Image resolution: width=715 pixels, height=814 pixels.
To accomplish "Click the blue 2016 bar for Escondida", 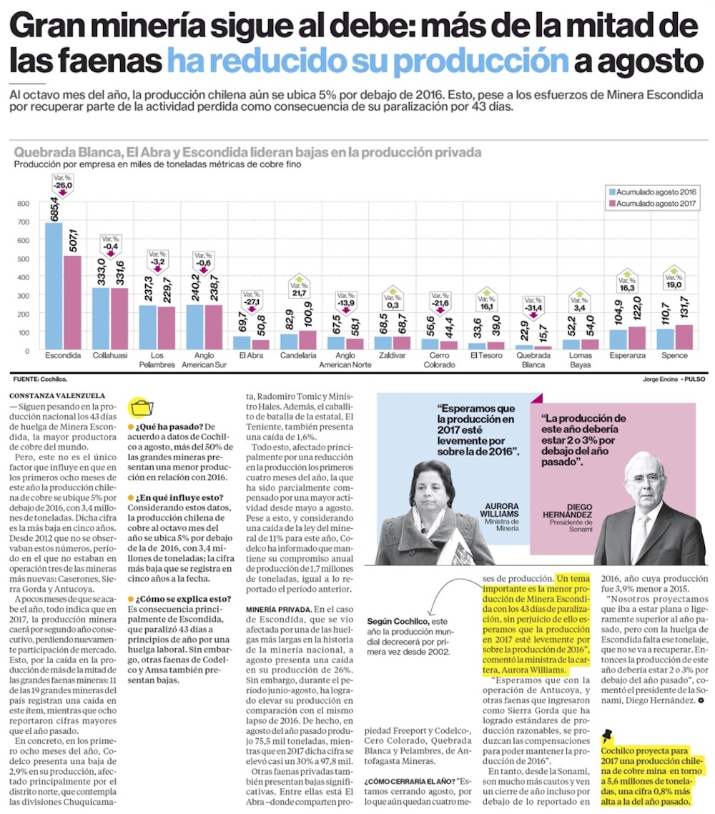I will pyautogui.click(x=53, y=286).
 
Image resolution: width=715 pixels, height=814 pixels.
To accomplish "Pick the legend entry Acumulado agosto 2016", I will pyautogui.click(x=651, y=192).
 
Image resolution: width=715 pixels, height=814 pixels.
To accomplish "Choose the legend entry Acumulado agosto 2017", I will pyautogui.click(x=651, y=204).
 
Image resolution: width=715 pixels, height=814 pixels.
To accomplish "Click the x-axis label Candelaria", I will pyautogui.click(x=298, y=355).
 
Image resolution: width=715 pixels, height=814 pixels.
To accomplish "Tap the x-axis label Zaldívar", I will pyautogui.click(x=392, y=355).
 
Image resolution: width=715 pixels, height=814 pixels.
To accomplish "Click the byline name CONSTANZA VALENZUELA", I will pyautogui.click(x=58, y=395).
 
